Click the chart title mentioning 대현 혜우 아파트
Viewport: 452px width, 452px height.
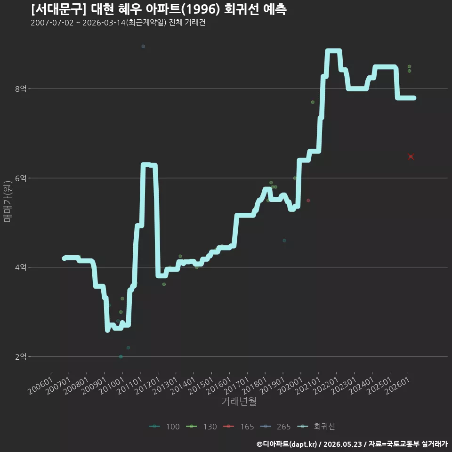159,9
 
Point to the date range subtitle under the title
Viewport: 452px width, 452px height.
118,23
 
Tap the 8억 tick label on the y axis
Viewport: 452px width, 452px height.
21,89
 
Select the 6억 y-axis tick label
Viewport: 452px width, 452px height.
21,178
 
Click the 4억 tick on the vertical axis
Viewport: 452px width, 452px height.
21,267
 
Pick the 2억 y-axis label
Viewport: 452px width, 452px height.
21,356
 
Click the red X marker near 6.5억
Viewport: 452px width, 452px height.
411,156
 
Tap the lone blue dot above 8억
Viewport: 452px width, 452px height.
143,47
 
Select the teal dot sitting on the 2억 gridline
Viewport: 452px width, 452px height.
121,356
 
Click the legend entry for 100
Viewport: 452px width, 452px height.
164,427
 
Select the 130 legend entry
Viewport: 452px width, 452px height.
202,427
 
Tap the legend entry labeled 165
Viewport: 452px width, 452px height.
239,427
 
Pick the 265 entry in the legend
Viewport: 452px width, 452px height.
275,427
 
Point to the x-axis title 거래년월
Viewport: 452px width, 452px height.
239,401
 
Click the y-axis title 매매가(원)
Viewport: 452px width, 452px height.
7,202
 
